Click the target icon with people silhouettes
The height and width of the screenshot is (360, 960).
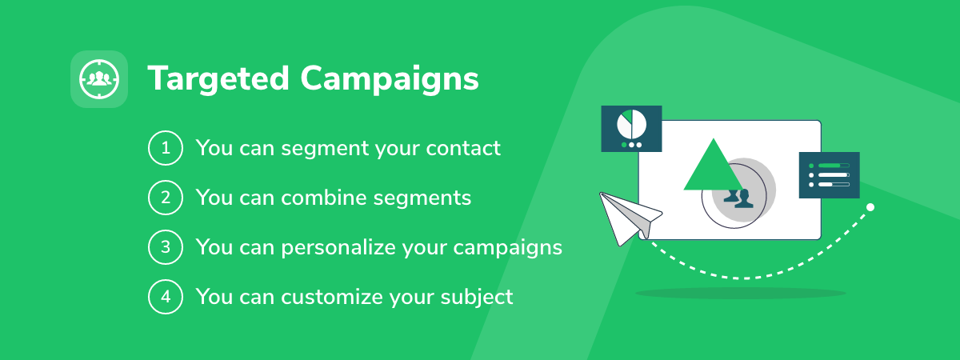[x=99, y=79]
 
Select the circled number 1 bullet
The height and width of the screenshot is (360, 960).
[x=166, y=148]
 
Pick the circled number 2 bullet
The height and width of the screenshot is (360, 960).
[x=166, y=198]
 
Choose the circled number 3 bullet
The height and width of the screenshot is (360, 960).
[x=166, y=247]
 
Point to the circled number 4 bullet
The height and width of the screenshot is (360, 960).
[x=166, y=297]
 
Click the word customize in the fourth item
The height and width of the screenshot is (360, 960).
[x=332, y=297]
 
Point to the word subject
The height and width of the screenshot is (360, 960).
[x=477, y=298]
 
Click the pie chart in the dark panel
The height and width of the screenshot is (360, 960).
[x=631, y=124]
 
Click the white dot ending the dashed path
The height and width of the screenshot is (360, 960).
[x=870, y=207]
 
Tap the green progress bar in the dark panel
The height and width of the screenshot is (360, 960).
[x=830, y=166]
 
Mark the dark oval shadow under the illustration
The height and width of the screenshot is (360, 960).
[x=741, y=293]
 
